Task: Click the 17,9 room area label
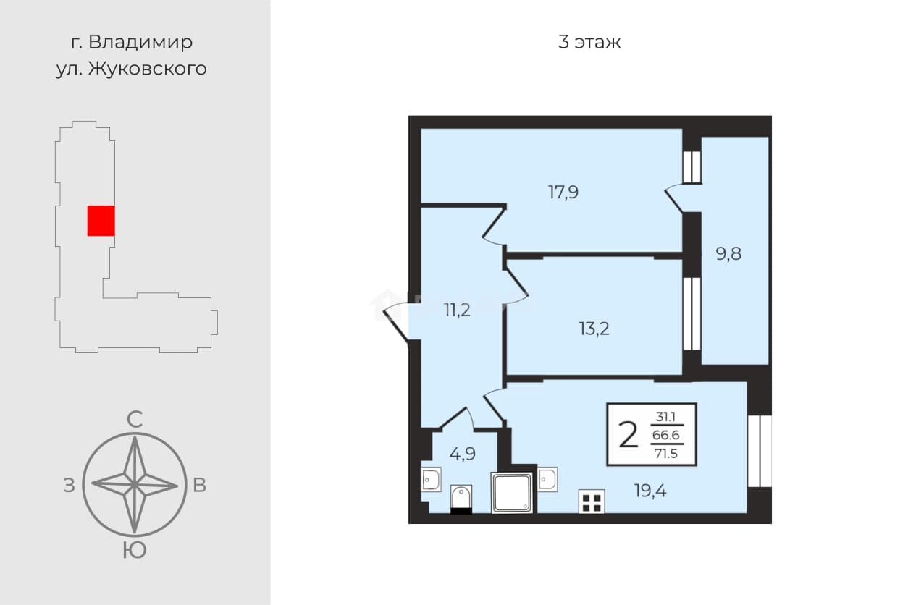coord(563,192)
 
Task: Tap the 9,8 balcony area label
coord(728,254)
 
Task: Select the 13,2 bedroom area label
coord(594,329)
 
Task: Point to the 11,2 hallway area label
coord(457,310)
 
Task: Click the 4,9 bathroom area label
coord(463,454)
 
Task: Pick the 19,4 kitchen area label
coord(650,491)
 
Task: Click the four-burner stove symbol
coord(592,502)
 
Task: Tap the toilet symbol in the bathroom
coord(461,499)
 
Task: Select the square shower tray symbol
coord(511,493)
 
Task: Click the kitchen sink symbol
coord(547,479)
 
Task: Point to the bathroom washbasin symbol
coord(431,480)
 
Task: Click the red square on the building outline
coord(101,221)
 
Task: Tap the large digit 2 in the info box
coord(629,435)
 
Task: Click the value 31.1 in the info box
coord(667,417)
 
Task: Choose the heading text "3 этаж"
coord(589,42)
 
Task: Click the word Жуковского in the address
coord(148,69)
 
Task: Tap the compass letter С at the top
coord(135,420)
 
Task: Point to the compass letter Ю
coord(135,551)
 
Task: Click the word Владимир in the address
coord(140,42)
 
